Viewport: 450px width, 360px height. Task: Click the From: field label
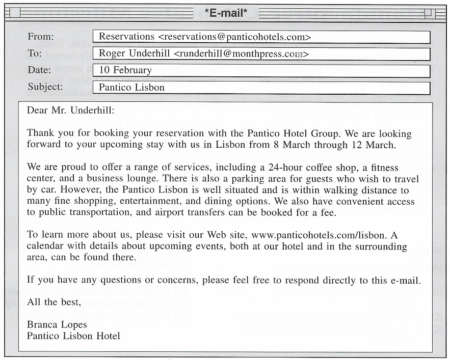tap(40, 37)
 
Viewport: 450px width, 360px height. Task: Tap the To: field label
tap(35, 53)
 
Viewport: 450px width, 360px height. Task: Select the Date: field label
tap(39, 70)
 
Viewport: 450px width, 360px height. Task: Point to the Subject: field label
tap(45, 87)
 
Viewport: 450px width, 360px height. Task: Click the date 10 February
tap(125, 70)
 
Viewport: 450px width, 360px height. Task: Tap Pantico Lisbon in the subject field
tap(131, 87)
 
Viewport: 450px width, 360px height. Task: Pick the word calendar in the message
tap(46, 246)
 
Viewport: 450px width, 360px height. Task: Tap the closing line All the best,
tap(54, 302)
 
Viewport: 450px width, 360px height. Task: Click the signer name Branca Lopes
tap(57, 324)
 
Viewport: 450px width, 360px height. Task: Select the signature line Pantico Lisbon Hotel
tap(73, 336)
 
